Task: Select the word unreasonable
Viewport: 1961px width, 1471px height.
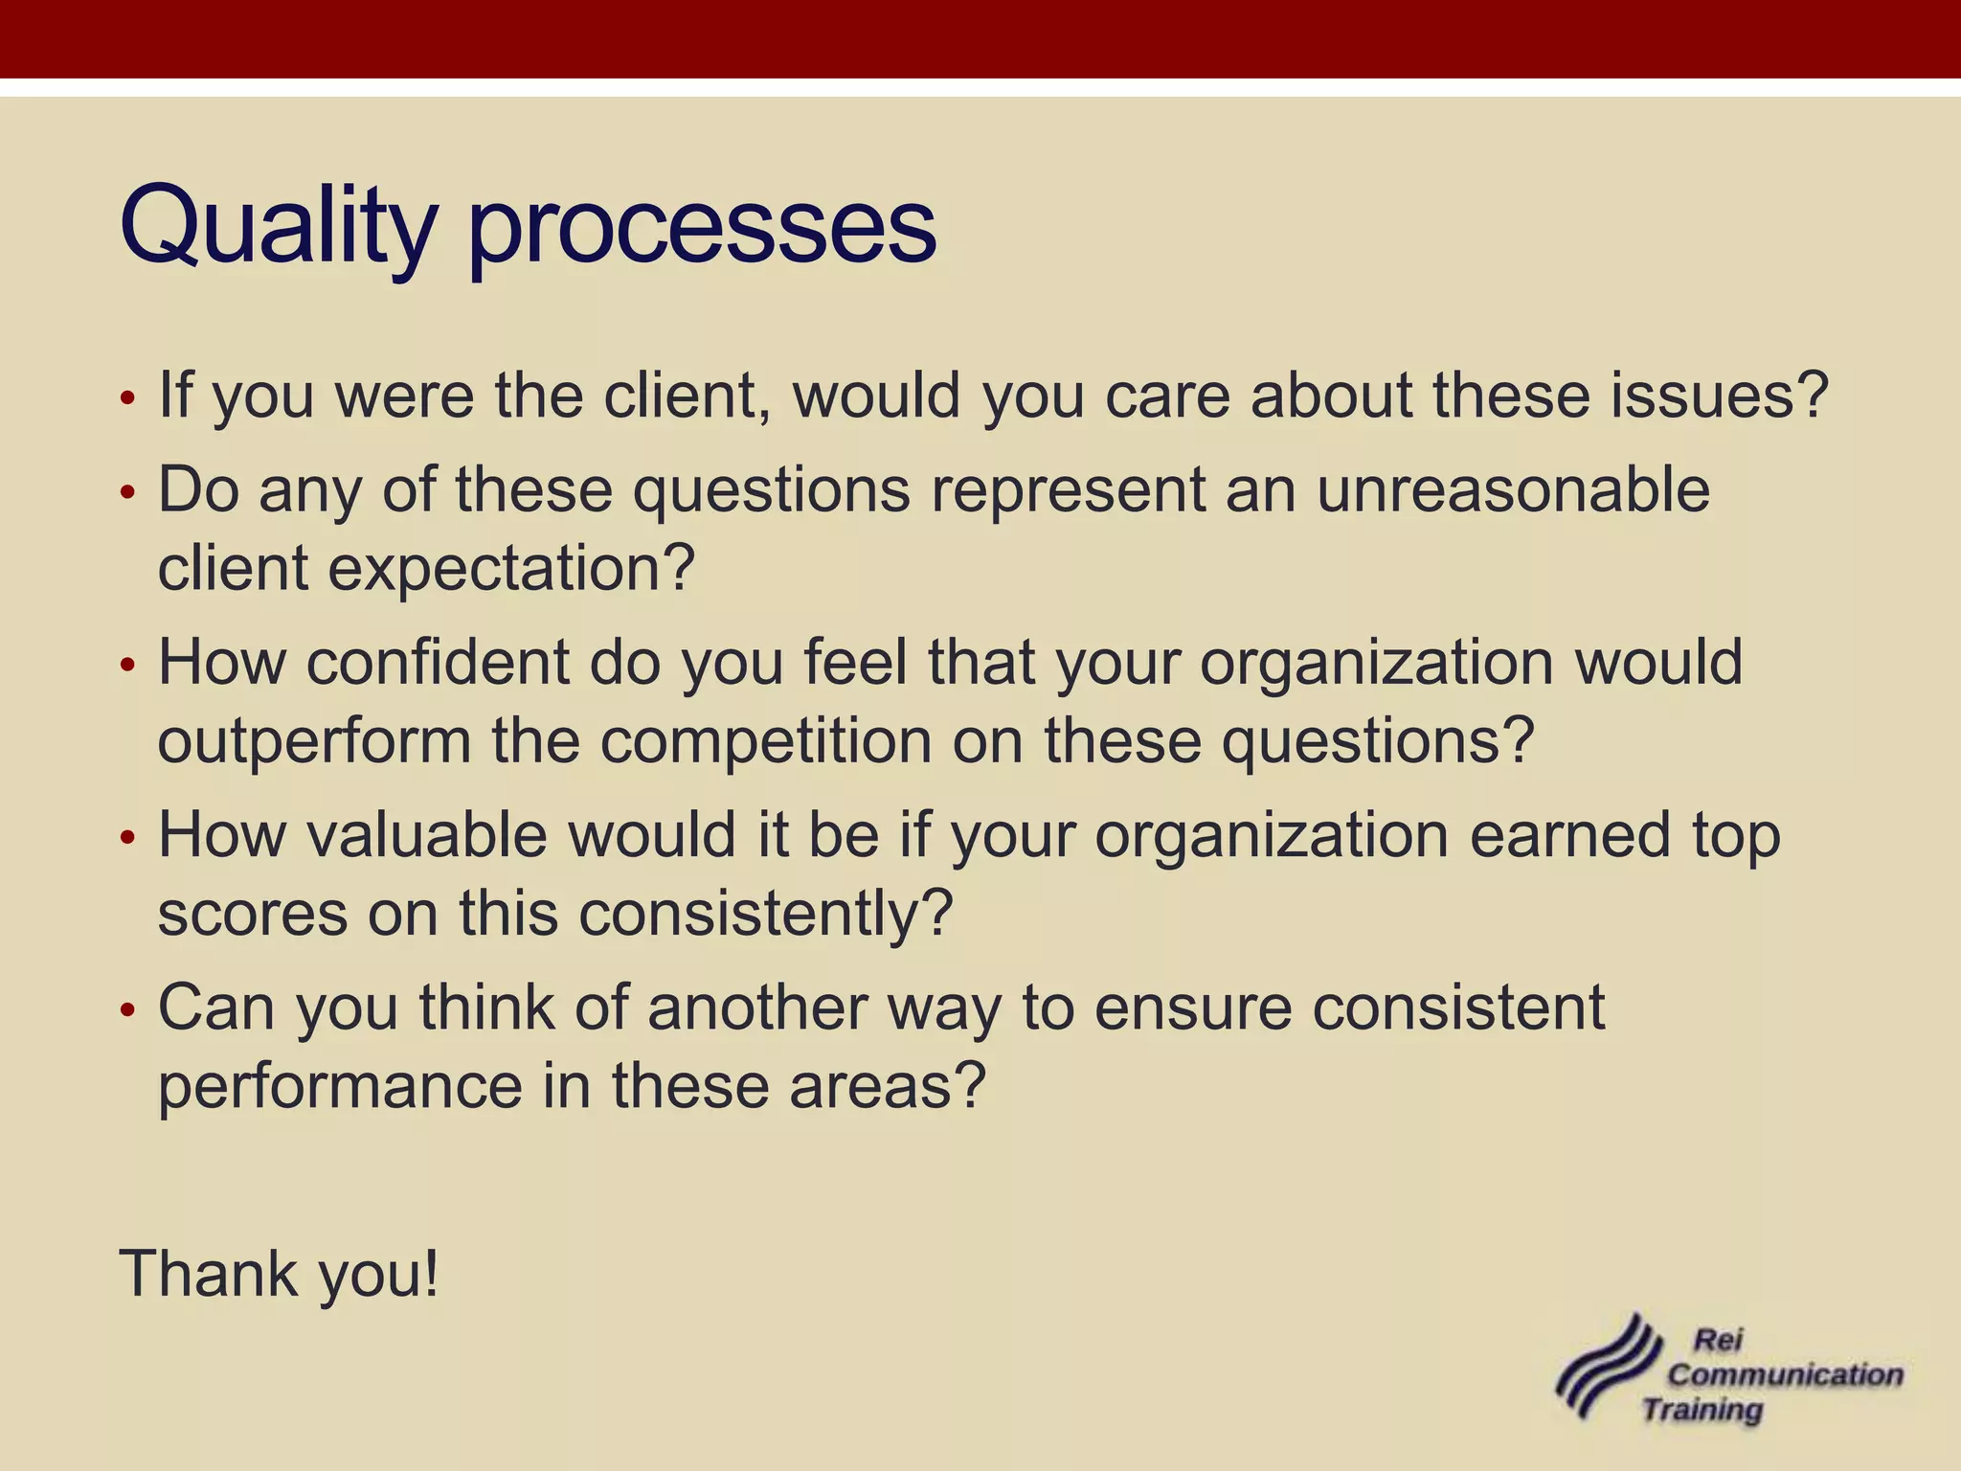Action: coord(1513,489)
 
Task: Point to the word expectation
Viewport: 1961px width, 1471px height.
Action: coord(509,569)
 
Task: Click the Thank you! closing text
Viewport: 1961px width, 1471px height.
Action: coord(279,1274)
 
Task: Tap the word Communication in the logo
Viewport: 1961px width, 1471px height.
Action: coord(1786,1374)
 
